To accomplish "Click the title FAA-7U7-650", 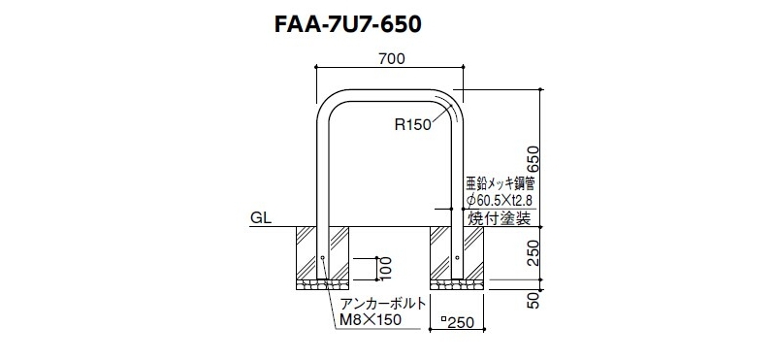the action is click(348, 25).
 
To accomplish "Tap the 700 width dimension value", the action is click(392, 59).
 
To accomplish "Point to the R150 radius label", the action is click(413, 125).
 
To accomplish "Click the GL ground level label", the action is click(261, 218).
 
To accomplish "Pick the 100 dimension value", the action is click(386, 269).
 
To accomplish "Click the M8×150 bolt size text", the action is click(371, 320).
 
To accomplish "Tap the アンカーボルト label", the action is click(382, 304).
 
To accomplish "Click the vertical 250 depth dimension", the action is click(532, 252).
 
